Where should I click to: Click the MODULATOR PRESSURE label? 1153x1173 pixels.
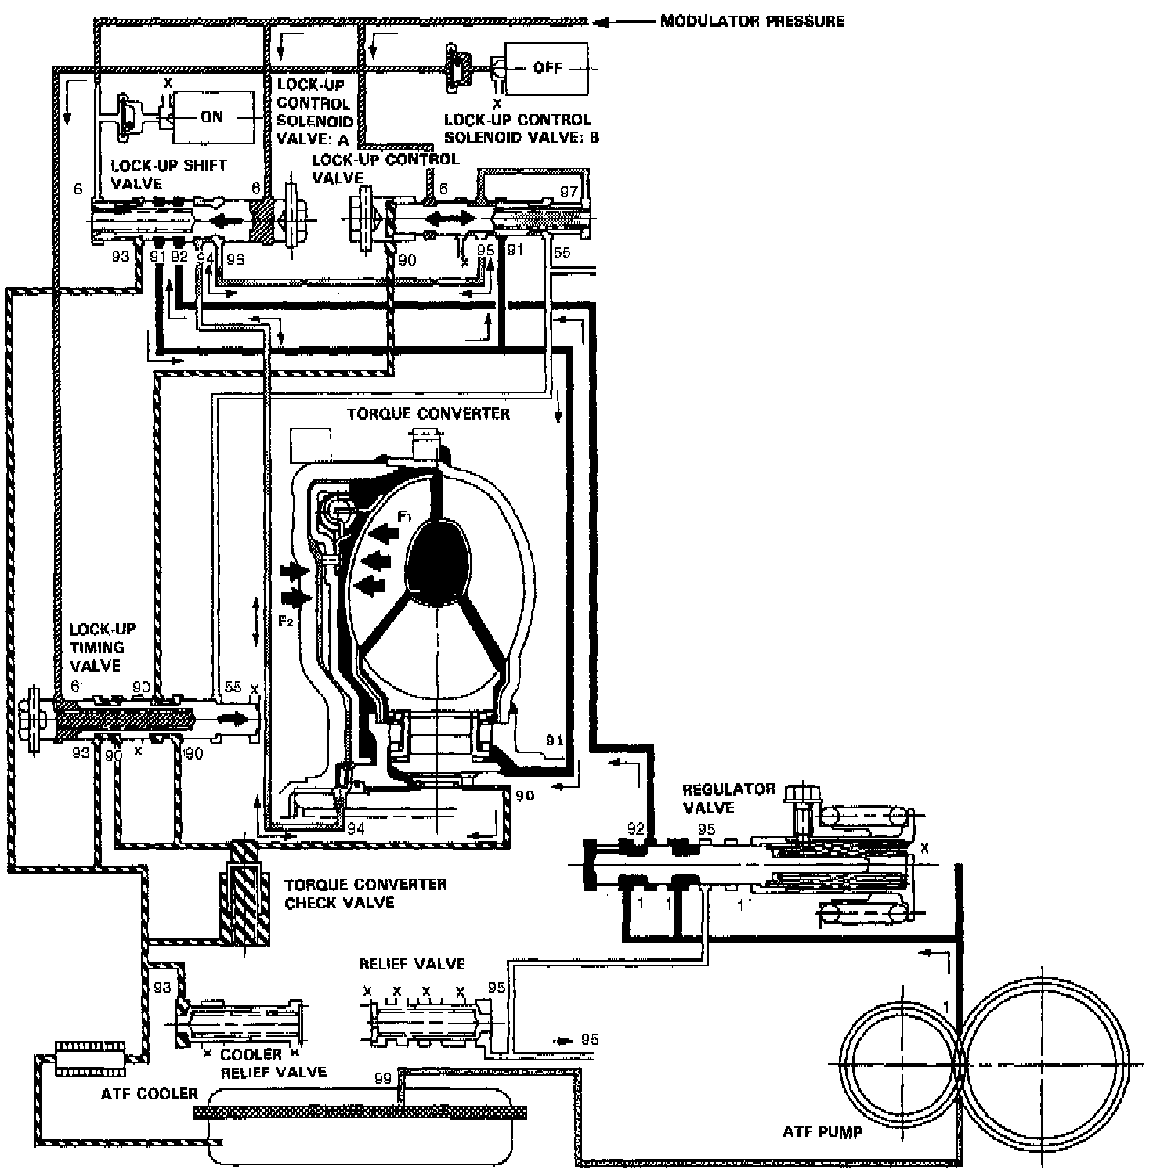coord(752,20)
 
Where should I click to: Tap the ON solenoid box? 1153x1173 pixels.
coord(213,117)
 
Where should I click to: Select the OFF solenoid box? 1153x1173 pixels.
coord(547,68)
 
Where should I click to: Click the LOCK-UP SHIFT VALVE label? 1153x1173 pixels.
coord(168,174)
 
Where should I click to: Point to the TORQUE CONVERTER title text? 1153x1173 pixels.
coord(428,413)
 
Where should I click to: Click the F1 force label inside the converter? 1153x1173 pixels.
coord(404,516)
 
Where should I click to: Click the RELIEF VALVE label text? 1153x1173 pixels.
coord(411,964)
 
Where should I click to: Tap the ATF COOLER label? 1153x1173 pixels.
coord(149,1093)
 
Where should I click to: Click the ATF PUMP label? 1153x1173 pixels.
coord(822,1131)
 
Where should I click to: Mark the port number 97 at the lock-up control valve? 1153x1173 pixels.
coord(569,191)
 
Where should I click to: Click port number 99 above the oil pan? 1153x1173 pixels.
coord(382,1078)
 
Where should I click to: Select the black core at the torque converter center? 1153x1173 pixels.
coord(437,562)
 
